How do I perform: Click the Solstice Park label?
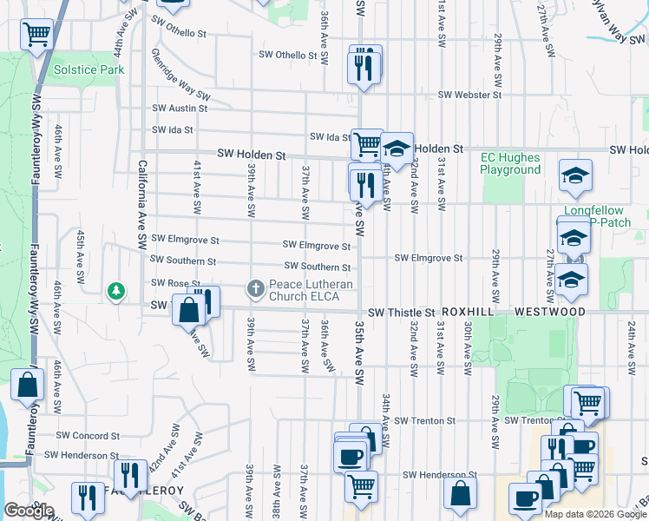pos(88,69)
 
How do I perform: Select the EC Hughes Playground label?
pos(511,164)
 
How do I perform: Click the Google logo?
pos(29,511)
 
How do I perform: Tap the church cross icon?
pos(256,287)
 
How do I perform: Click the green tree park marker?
pos(115,290)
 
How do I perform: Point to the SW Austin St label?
pos(180,109)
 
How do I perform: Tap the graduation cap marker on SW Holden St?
pos(397,148)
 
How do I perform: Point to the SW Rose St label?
pos(175,283)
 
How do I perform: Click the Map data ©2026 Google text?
pos(593,514)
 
